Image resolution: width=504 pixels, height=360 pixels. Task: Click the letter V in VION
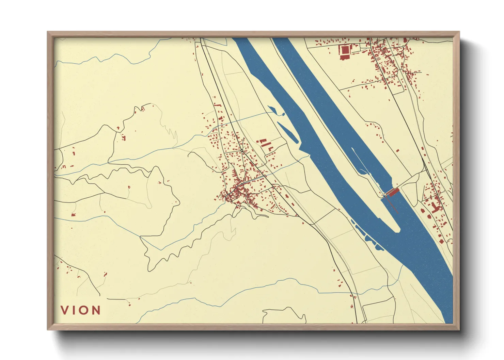click(x=65, y=310)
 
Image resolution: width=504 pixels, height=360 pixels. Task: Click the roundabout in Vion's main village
click(x=241, y=150)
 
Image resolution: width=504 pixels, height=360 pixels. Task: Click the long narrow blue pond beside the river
click(x=289, y=132)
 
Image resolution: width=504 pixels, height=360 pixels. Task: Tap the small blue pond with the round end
click(x=272, y=110)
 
